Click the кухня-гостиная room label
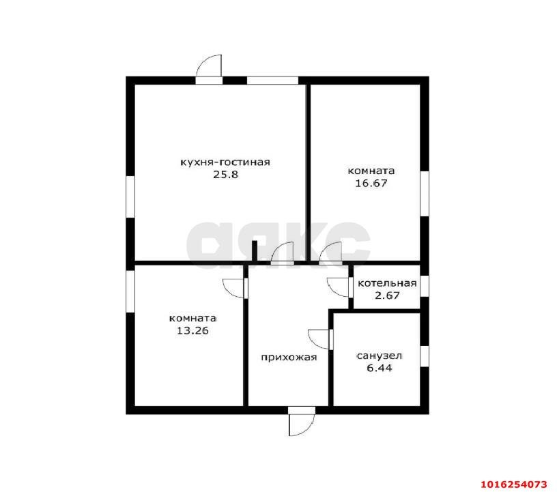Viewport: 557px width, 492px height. click(x=225, y=162)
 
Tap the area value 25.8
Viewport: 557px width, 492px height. click(x=225, y=175)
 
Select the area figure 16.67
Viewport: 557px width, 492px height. click(x=371, y=184)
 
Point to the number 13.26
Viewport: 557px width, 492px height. click(x=192, y=331)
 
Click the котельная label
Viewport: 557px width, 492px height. click(x=387, y=283)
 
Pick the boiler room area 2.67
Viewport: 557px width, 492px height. click(x=387, y=295)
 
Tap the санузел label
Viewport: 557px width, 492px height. click(x=379, y=356)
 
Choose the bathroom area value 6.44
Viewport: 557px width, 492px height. click(x=379, y=368)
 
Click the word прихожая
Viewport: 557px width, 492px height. click(x=289, y=358)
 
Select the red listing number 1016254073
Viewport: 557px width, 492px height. click(x=514, y=484)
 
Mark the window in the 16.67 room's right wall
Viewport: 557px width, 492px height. click(x=425, y=194)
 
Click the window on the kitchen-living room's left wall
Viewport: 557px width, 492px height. click(x=130, y=197)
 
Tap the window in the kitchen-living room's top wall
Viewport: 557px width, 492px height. click(x=272, y=81)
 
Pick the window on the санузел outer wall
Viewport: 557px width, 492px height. click(x=425, y=356)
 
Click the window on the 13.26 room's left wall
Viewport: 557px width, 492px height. click(x=130, y=291)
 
